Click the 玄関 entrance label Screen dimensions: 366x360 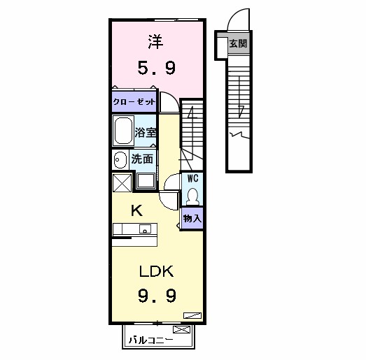click(x=238, y=43)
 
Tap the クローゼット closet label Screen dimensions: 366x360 click(x=134, y=102)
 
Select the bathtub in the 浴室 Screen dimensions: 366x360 click(x=123, y=131)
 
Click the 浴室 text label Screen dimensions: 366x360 click(x=146, y=132)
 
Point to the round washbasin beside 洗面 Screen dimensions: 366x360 click(x=120, y=159)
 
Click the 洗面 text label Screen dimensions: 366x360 click(x=142, y=159)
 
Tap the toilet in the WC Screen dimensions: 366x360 click(x=192, y=196)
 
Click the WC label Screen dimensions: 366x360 click(x=193, y=178)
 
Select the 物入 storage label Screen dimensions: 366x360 click(x=192, y=219)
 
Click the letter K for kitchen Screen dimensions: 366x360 click(x=136, y=211)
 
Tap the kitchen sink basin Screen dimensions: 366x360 click(x=145, y=229)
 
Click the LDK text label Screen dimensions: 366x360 click(x=156, y=271)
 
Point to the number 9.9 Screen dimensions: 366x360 click(x=157, y=296)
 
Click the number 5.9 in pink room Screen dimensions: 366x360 click(x=156, y=68)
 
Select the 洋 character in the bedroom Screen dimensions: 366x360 click(x=155, y=42)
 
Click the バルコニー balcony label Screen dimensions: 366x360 click(x=150, y=340)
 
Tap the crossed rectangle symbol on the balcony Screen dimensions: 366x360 click(x=181, y=330)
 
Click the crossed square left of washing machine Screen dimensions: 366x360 click(x=122, y=183)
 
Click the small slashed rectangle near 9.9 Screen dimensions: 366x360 click(x=192, y=315)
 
